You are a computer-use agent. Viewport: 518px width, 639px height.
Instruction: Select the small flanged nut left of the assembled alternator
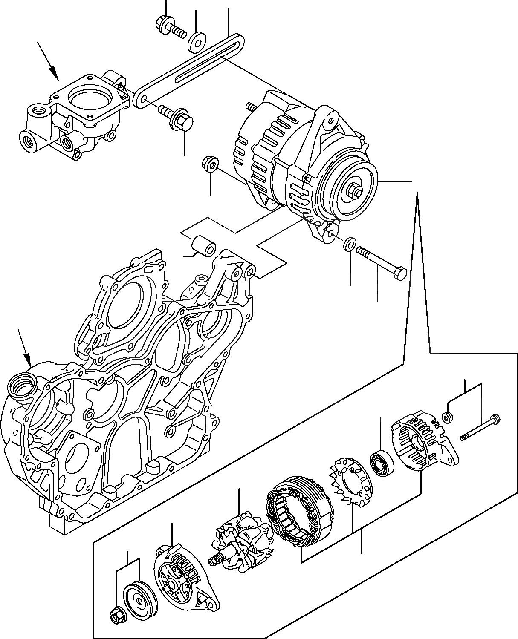click(x=209, y=164)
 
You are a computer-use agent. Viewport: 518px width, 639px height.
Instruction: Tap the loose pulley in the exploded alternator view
click(x=139, y=596)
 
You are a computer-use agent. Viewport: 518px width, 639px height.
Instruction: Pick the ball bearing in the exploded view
click(x=381, y=463)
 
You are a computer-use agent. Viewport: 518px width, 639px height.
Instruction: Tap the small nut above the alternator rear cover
click(x=447, y=417)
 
